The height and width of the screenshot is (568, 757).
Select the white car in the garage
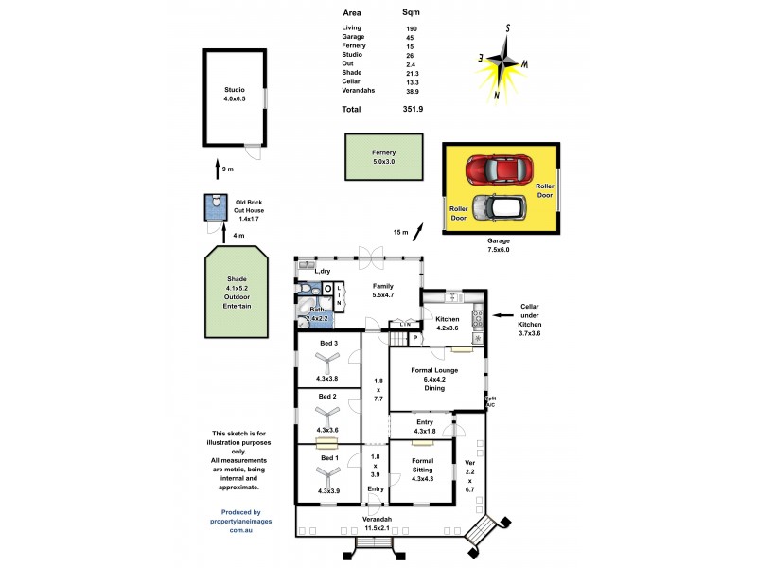coord(495,206)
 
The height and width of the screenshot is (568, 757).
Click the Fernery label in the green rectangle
coord(383,157)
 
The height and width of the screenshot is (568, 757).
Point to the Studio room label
coord(234,94)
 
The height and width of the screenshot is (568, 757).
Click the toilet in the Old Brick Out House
coord(216,203)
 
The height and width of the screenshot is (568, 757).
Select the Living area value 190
coord(412,29)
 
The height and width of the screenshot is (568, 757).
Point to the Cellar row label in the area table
coord(351,81)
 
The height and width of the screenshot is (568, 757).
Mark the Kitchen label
coord(447,319)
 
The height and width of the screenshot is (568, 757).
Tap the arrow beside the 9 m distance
coord(218,169)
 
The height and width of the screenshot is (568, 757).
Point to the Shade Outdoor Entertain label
coord(238,293)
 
